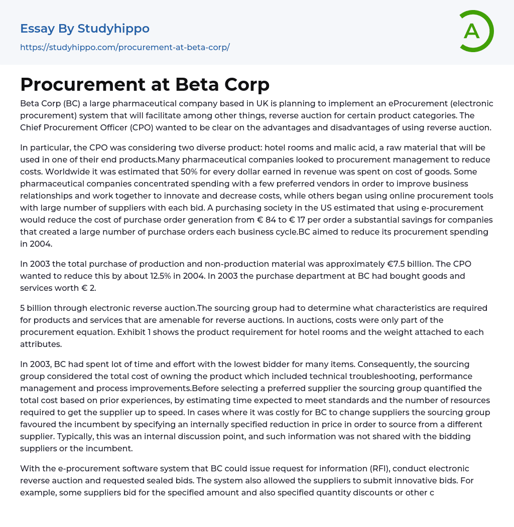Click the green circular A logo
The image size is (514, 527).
pyautogui.click(x=476, y=31)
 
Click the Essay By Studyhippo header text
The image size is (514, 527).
pyautogui.click(x=85, y=29)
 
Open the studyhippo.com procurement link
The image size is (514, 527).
pyautogui.click(x=125, y=47)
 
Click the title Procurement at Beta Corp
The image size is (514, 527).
pyautogui.click(x=145, y=84)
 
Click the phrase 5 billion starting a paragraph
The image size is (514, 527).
pyautogui.click(x=38, y=308)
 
